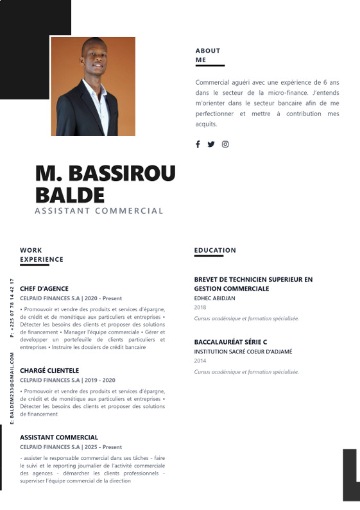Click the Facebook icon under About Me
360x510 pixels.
coord(198,144)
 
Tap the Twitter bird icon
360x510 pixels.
coord(211,144)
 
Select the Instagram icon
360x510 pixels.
coord(225,144)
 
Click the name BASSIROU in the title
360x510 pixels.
coord(121,173)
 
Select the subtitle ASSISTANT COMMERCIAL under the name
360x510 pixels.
coord(99,210)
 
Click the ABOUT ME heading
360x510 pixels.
coord(208,55)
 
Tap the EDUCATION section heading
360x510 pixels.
coord(215,250)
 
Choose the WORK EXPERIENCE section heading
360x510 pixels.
coord(42,255)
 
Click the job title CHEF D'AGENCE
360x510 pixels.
coord(44,289)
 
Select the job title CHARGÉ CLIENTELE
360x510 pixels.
coord(49,370)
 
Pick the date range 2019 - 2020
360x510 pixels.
coord(100,380)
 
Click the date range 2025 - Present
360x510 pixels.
coord(103,447)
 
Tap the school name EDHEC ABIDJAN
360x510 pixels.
coord(214,298)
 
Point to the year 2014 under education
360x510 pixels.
coord(200,361)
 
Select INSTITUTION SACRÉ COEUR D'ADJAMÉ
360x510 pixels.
coord(243,352)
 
